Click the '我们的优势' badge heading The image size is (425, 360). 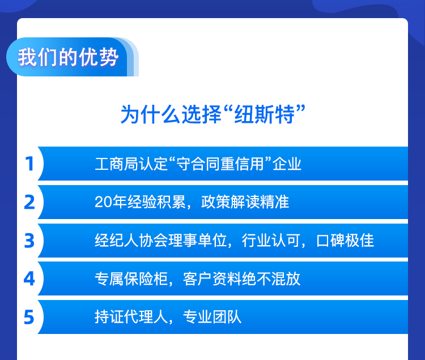tap(68, 57)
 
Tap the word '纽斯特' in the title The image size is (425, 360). tap(264, 114)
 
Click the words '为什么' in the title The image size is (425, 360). tap(150, 114)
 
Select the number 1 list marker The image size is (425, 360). tap(29, 164)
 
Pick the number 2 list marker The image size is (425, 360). tap(29, 202)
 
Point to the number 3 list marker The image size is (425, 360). tap(29, 241)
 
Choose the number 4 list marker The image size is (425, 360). tap(29, 279)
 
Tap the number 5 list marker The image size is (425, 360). tap(29, 317)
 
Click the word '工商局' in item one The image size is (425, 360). tap(117, 164)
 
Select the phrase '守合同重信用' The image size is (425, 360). tap(220, 164)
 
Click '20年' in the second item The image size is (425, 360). tap(111, 202)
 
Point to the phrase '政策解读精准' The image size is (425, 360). tap(245, 202)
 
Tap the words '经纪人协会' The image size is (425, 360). tap(131, 241)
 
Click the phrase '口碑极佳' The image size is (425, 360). tap(345, 241)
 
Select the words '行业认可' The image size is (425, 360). tap(271, 241)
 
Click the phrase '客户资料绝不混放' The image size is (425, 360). tap(242, 279)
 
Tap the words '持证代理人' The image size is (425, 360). tap(131, 317)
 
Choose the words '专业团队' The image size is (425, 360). tap(212, 317)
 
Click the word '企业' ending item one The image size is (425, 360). tap(287, 164)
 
